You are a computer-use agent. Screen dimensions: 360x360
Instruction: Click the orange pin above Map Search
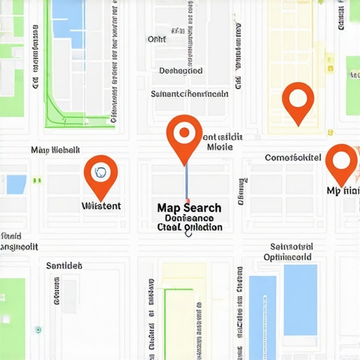184,135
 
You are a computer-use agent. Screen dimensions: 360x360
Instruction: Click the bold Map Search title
189,208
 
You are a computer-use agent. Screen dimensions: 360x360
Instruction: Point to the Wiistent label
101,206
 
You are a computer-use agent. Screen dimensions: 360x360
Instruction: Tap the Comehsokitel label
293,157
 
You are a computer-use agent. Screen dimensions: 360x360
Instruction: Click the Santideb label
64,266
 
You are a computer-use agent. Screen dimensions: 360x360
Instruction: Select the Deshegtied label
181,71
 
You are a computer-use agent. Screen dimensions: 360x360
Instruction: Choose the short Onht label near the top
156,40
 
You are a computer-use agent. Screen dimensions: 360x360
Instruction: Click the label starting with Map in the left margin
56,150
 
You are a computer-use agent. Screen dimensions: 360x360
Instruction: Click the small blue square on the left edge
16,185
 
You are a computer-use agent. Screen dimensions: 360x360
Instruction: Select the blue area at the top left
67,14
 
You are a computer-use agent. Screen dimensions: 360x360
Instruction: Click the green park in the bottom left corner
12,316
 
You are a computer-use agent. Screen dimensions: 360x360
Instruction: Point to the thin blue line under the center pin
186,183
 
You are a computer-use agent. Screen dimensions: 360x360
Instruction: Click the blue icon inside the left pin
101,172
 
